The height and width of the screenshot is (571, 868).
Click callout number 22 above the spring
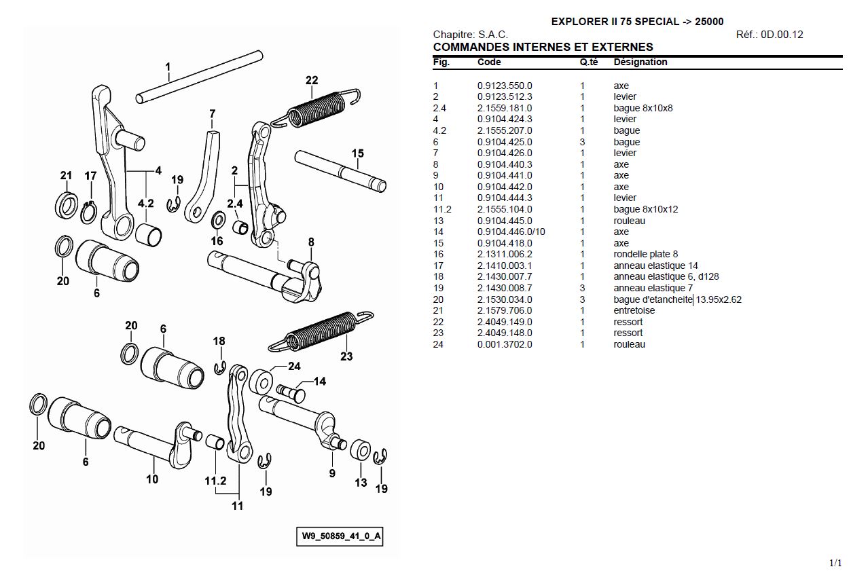[312, 80]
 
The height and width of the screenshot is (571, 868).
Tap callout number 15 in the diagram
[358, 153]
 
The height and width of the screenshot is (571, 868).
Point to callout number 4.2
[145, 203]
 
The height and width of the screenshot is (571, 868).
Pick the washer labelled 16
[219, 221]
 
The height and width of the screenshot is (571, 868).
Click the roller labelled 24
[260, 380]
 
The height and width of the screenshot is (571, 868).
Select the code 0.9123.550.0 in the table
[505, 86]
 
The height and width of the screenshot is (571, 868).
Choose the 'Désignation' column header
[640, 62]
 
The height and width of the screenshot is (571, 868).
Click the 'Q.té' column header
[588, 62]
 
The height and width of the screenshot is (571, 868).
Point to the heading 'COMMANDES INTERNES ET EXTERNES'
[543, 47]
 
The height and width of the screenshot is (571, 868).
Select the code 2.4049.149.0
[505, 322]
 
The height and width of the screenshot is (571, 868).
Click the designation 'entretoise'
[634, 310]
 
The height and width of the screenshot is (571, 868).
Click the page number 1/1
[835, 563]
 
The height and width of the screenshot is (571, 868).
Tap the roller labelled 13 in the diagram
[361, 452]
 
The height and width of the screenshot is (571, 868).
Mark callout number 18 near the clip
[219, 341]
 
